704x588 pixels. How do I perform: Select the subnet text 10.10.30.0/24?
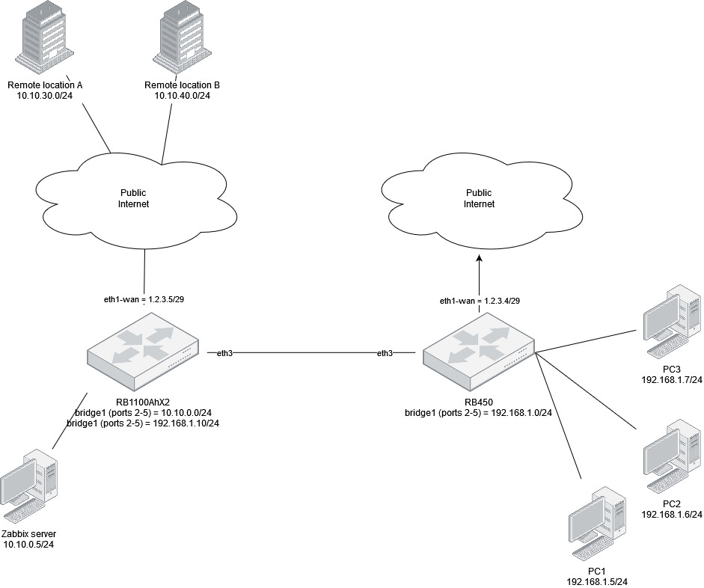[45, 97]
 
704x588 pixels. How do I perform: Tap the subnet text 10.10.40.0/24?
[182, 97]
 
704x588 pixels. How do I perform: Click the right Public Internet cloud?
[479, 197]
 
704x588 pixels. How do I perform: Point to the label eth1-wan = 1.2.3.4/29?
[480, 300]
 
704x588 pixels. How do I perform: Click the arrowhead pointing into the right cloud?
[479, 259]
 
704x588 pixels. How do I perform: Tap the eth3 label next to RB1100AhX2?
[224, 352]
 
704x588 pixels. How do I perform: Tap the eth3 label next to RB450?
[385, 352]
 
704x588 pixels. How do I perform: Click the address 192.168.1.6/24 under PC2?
[671, 515]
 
